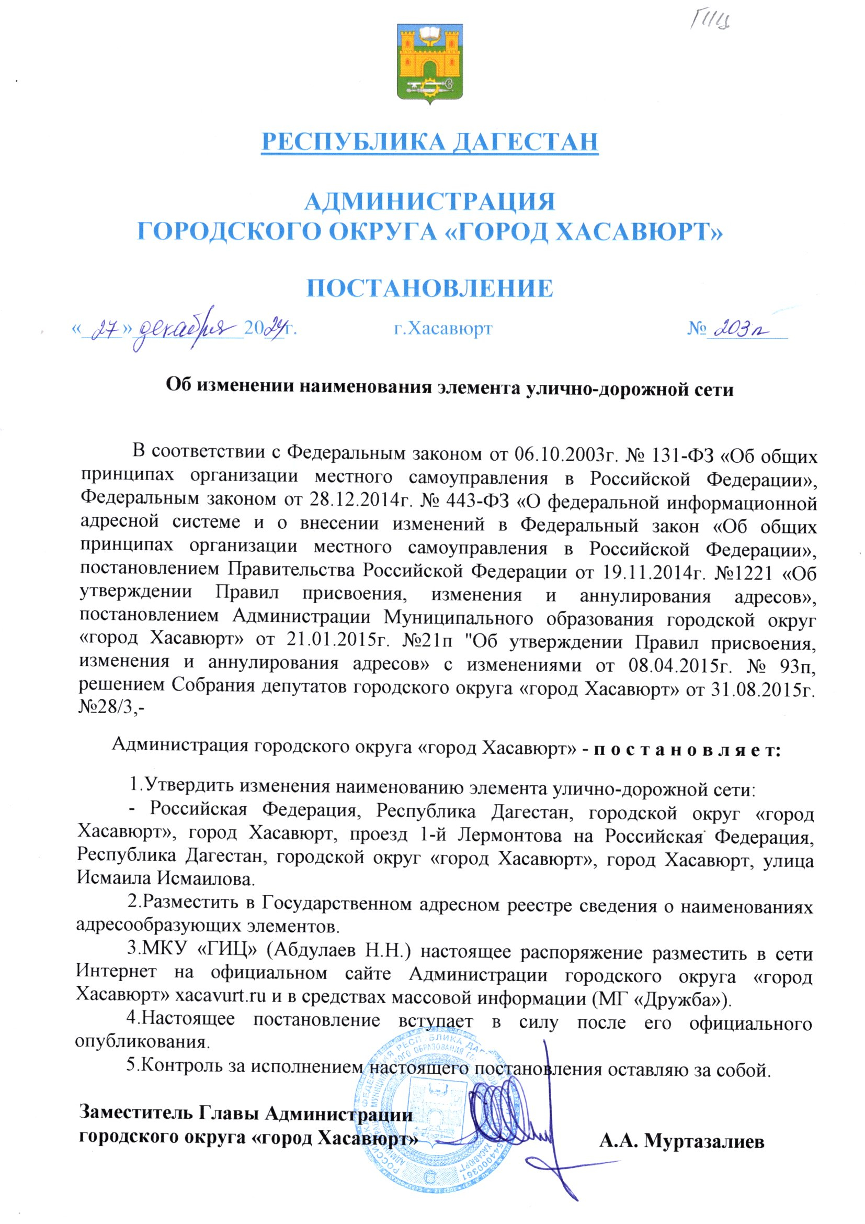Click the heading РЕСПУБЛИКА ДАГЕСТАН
tap(429, 141)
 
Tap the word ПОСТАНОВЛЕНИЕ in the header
tap(429, 288)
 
